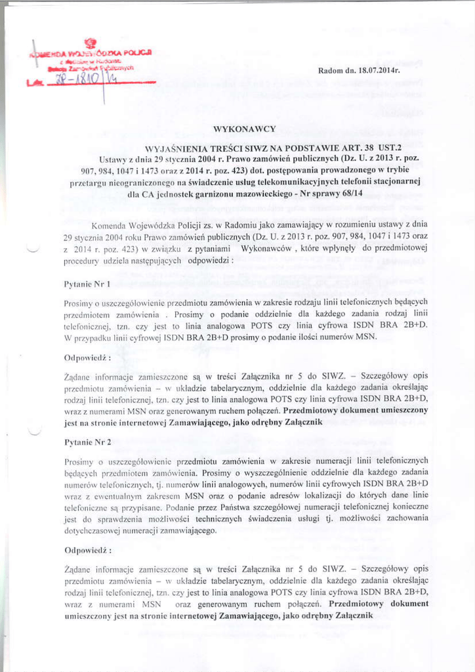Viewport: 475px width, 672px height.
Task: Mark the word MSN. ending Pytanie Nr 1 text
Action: (365, 337)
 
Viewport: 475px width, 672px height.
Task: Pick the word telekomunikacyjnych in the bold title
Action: (300, 182)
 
